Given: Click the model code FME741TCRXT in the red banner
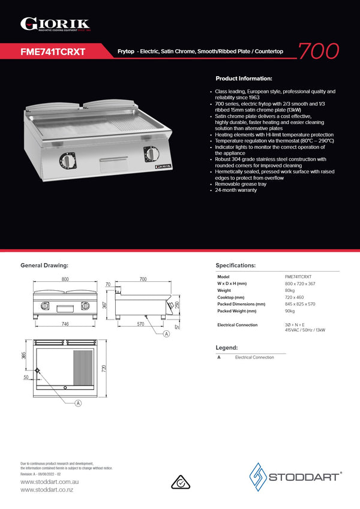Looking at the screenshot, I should coord(53,52).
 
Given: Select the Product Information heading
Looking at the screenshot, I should coord(244,79).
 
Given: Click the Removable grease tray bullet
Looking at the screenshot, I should coord(241,184).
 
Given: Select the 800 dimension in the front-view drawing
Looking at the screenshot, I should coord(64,279).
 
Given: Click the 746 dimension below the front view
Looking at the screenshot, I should coord(64,324).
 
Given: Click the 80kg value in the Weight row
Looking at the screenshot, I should coord(290,290).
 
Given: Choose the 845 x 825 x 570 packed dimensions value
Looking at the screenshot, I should coord(300,304).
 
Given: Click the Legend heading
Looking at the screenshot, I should coord(226,347).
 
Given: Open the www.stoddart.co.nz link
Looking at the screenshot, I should coord(47,490).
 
